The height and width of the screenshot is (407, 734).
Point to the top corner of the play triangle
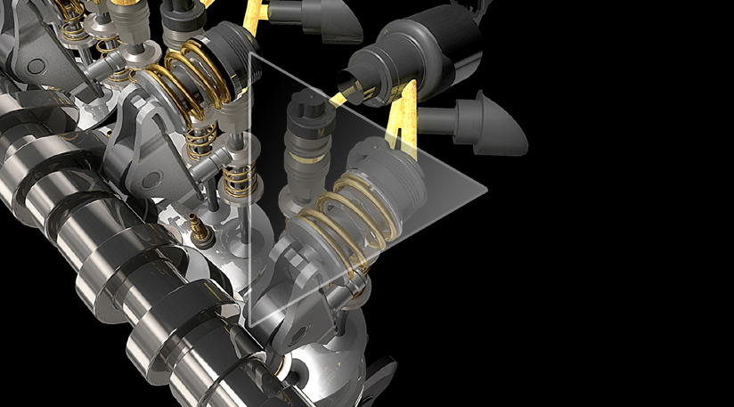pos(252,54)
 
